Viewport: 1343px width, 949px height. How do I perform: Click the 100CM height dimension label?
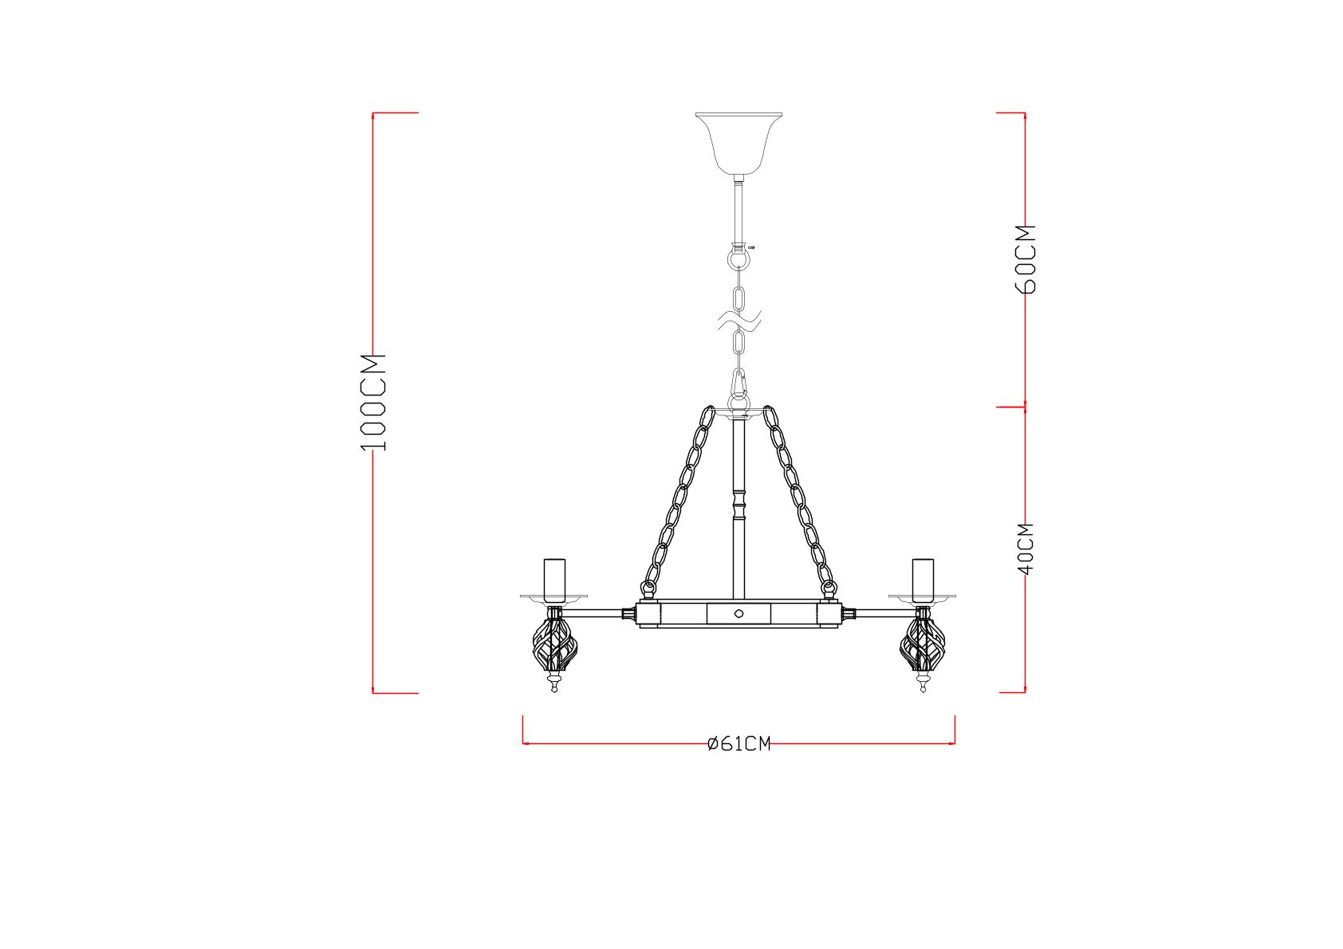pyautogui.click(x=373, y=402)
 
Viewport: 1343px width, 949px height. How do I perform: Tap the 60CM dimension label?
pyautogui.click(x=1026, y=259)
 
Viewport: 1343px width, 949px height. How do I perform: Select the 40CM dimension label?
pyautogui.click(x=1026, y=549)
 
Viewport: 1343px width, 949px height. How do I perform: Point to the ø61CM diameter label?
pyautogui.click(x=738, y=744)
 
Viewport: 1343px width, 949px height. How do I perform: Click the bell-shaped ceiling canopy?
pyautogui.click(x=738, y=143)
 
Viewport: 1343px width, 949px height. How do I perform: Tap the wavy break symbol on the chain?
pyautogui.click(x=739, y=322)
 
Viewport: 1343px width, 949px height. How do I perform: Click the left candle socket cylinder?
pyautogui.click(x=554, y=580)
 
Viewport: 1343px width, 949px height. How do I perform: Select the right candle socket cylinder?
pyautogui.click(x=923, y=580)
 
